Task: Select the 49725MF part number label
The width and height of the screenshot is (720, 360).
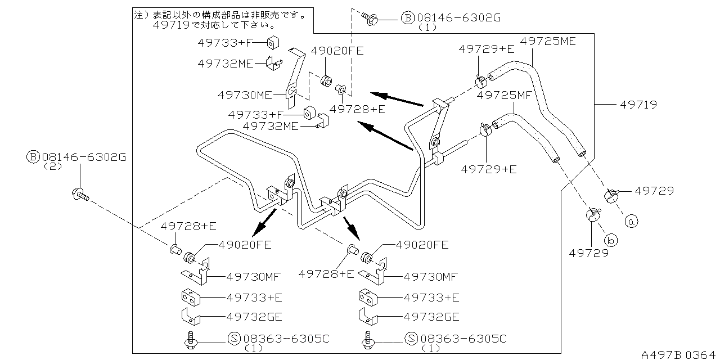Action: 504,96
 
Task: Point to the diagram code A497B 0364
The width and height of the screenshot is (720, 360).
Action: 679,354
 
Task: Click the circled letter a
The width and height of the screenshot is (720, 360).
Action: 631,222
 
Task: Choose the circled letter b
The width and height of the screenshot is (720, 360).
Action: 612,240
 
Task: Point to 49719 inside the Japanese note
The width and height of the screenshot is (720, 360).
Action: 168,25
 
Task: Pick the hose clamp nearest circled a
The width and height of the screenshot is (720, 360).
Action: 611,196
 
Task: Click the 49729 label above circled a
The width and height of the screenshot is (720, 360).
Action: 654,191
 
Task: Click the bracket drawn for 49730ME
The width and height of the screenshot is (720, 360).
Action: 294,79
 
